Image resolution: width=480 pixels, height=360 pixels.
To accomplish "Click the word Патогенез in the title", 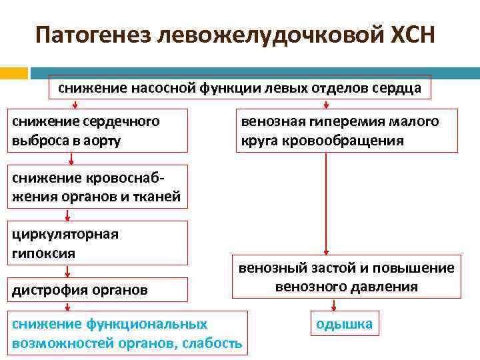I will coord(93,34).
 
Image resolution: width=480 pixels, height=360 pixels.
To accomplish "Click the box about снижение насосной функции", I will coord(240,89).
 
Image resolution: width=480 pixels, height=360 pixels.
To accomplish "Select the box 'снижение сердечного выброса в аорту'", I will coord(97,131).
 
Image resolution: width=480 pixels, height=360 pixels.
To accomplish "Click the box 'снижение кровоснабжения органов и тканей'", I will coord(97,187).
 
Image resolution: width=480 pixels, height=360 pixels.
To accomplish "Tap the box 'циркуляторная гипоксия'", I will coord(97,243).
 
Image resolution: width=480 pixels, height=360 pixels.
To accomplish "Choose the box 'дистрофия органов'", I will coord(97,290).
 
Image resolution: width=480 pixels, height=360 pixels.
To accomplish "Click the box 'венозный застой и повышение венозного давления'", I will coord(347,277).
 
